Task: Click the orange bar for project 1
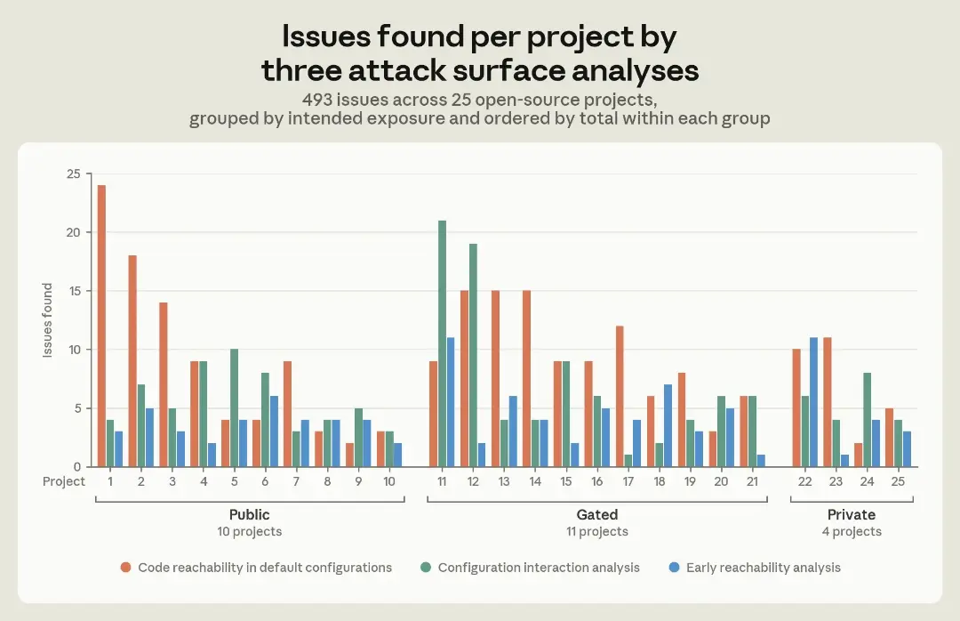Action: click(101, 326)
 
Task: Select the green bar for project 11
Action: click(442, 343)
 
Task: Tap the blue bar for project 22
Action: click(813, 402)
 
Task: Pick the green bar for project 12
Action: click(473, 355)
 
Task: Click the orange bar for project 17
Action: click(620, 396)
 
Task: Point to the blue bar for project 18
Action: click(668, 425)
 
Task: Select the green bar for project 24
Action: click(867, 419)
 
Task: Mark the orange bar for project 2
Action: click(132, 361)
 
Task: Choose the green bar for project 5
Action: click(234, 407)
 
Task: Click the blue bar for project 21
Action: click(761, 460)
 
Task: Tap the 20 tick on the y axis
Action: click(74, 232)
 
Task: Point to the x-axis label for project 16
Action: click(597, 482)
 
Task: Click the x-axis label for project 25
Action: click(898, 482)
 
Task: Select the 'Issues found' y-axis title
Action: click(47, 320)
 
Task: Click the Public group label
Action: click(249, 514)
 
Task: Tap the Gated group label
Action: click(597, 514)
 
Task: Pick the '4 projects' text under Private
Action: click(852, 531)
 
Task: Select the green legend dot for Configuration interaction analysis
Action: click(426, 568)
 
